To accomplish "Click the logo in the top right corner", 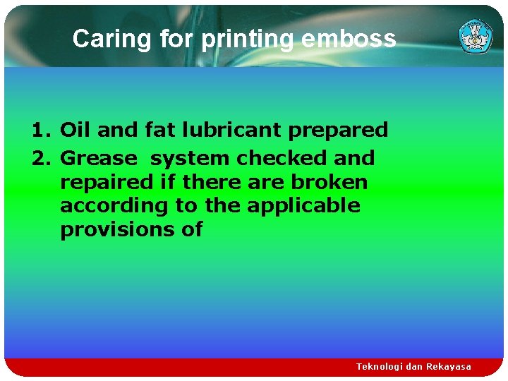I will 476,36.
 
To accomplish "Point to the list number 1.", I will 40,130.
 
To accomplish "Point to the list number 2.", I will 40,158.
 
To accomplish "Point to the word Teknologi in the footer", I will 381,367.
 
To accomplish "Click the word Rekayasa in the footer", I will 448,367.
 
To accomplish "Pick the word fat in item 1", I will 151,130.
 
